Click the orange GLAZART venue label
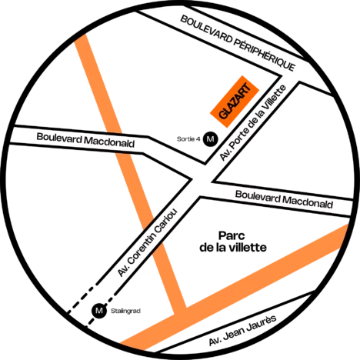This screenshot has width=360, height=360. tap(235, 102)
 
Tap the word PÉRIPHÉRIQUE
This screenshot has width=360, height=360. tap(265, 55)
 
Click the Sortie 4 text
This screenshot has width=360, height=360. tap(188, 139)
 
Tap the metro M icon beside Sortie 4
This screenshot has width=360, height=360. tap(210, 139)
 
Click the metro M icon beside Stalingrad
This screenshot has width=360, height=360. tap(99, 311)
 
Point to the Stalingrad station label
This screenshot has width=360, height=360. tap(125, 311)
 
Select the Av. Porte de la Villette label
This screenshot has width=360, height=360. tap(253, 123)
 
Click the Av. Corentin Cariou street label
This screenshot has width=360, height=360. tap(148, 242)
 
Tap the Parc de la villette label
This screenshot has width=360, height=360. tap(233, 242)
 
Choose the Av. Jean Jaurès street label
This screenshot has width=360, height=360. tap(242, 330)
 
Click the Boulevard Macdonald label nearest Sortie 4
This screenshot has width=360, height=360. tap(85, 140)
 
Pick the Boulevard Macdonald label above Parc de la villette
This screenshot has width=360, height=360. tap(284, 199)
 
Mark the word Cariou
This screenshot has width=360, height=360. tap(166, 222)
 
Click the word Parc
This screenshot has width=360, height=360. tap(232, 235)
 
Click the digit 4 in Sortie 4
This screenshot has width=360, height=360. tap(198, 139)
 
